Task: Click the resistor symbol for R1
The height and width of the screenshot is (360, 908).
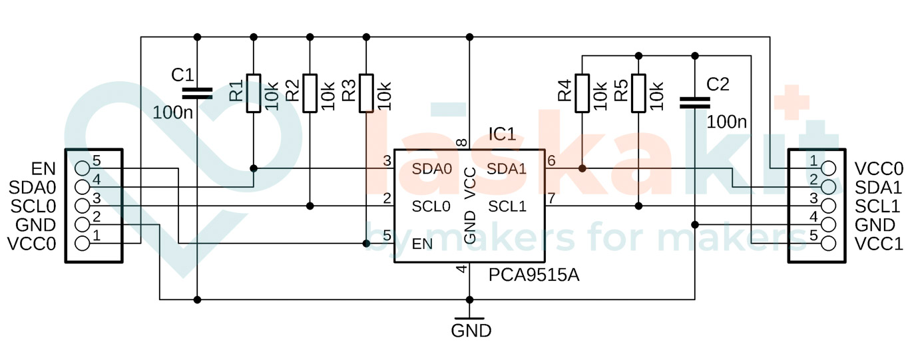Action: pyautogui.click(x=254, y=92)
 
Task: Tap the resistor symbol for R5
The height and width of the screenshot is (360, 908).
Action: pyautogui.click(x=638, y=92)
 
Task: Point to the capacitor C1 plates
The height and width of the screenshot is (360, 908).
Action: pyautogui.click(x=197, y=92)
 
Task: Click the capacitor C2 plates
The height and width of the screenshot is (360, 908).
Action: pyautogui.click(x=695, y=102)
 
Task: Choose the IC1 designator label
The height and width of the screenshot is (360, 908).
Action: pyautogui.click(x=502, y=135)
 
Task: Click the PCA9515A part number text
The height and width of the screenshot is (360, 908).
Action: pyautogui.click(x=533, y=275)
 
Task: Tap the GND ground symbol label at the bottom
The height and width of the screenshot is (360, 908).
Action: pyautogui.click(x=471, y=330)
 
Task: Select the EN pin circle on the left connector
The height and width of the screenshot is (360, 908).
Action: pyautogui.click(x=83, y=168)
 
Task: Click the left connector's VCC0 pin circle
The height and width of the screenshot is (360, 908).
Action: pyautogui.click(x=83, y=243)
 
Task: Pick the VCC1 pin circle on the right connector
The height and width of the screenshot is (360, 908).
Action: pyautogui.click(x=828, y=243)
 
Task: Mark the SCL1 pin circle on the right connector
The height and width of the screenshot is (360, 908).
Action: pyautogui.click(x=828, y=205)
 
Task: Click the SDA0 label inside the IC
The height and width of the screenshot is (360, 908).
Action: pyautogui.click(x=432, y=169)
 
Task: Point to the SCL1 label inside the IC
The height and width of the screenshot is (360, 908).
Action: pyautogui.click(x=507, y=207)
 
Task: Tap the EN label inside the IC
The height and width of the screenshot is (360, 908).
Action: pyautogui.click(x=422, y=244)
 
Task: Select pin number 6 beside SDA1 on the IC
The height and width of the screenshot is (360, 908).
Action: pyautogui.click(x=551, y=161)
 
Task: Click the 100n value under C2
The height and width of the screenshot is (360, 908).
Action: pyautogui.click(x=726, y=122)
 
